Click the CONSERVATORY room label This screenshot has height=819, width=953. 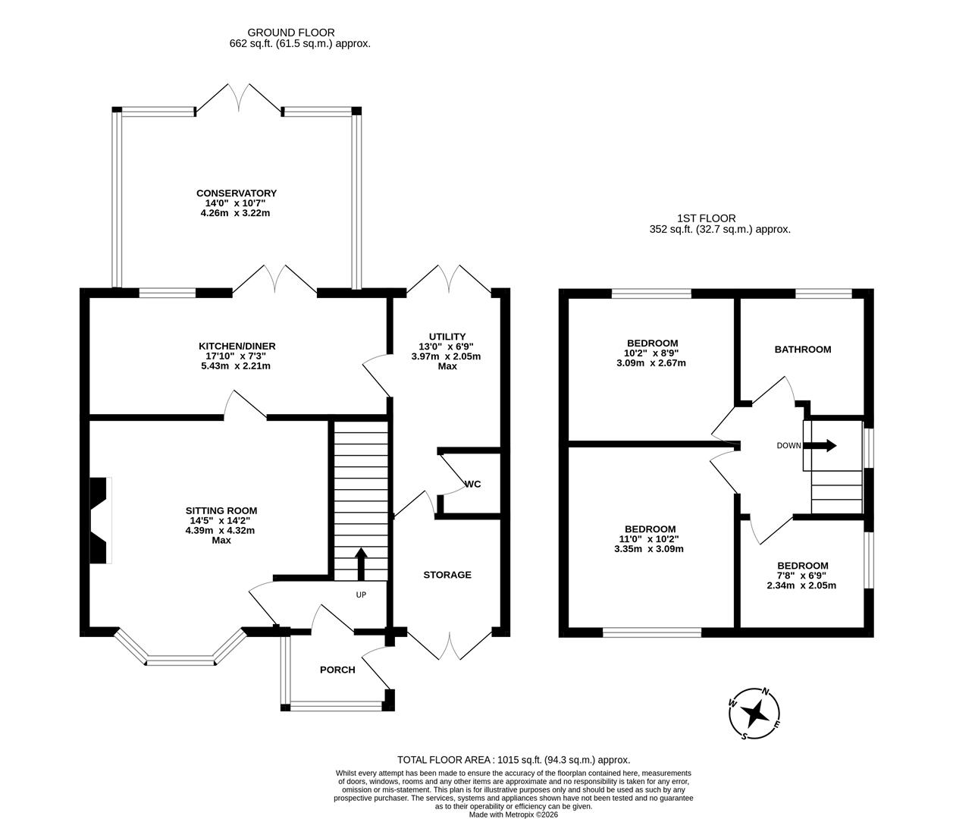236,193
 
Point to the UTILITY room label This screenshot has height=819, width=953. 447,337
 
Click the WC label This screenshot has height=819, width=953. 472,484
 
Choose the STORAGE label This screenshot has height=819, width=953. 447,575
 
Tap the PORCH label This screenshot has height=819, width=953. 337,670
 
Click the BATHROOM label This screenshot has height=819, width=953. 802,350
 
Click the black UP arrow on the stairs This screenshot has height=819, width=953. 361,563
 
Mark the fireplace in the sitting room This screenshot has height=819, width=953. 100,520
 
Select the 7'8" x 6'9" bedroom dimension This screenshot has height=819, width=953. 802,576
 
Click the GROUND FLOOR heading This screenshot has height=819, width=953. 290,33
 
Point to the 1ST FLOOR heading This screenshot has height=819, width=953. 706,218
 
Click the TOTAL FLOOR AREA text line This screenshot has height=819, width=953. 513,759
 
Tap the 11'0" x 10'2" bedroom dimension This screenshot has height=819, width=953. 649,539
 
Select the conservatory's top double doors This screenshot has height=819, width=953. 239,97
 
